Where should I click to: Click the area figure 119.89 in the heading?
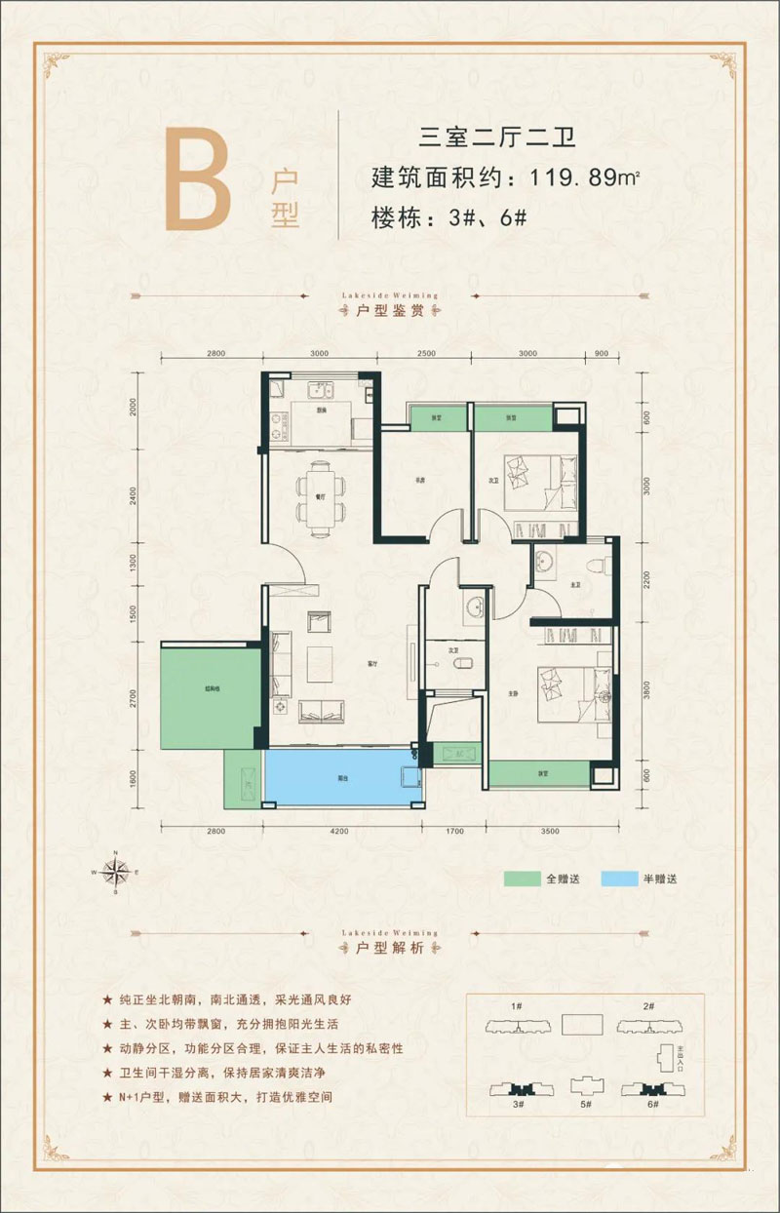click(x=571, y=178)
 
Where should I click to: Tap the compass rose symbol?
click(x=116, y=871)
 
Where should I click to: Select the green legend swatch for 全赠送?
click(x=522, y=879)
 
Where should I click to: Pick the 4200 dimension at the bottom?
click(x=339, y=831)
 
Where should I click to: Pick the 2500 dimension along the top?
click(x=426, y=354)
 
